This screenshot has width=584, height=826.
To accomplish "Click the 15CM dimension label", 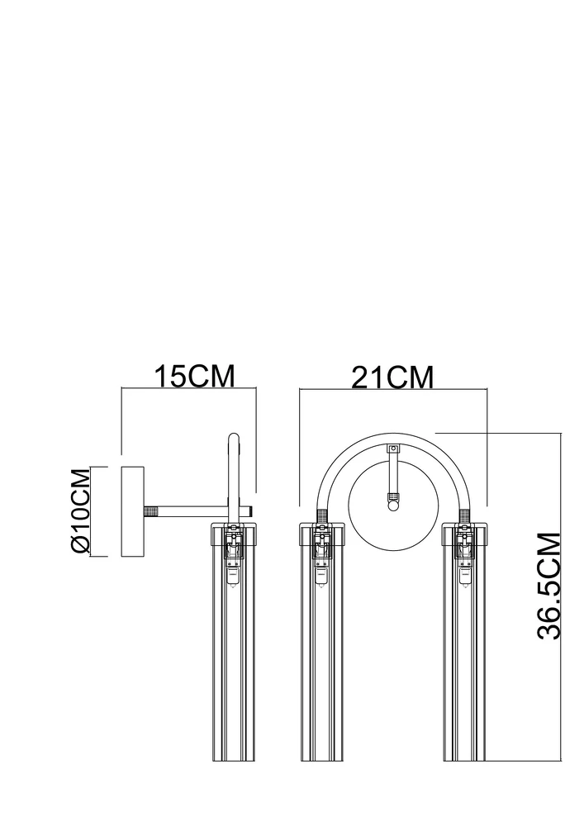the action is pyautogui.click(x=194, y=376).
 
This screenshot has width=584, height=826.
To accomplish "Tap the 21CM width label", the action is pyautogui.click(x=393, y=377).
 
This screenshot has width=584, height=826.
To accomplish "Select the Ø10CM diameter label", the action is pyautogui.click(x=80, y=511).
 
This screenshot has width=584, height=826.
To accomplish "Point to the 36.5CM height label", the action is pyautogui.click(x=548, y=586).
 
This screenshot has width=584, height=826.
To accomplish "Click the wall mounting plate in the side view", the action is pyautogui.click(x=132, y=511).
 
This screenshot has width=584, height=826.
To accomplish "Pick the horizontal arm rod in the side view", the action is pyautogui.click(x=198, y=511).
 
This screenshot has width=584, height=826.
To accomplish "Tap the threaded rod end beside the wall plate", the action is pyautogui.click(x=151, y=511).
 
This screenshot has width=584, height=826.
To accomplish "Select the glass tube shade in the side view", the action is pyautogui.click(x=233, y=642).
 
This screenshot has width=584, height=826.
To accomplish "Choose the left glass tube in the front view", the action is pyautogui.click(x=321, y=642).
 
